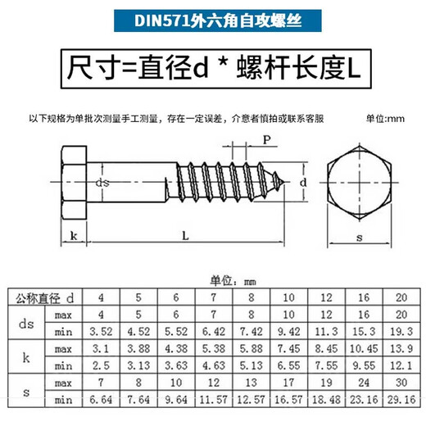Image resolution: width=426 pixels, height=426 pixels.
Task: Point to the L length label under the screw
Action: click(x=185, y=236)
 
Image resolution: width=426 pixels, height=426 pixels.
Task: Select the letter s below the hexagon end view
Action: click(x=360, y=238)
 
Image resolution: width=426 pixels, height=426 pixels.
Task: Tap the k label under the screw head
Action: click(x=74, y=236)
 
